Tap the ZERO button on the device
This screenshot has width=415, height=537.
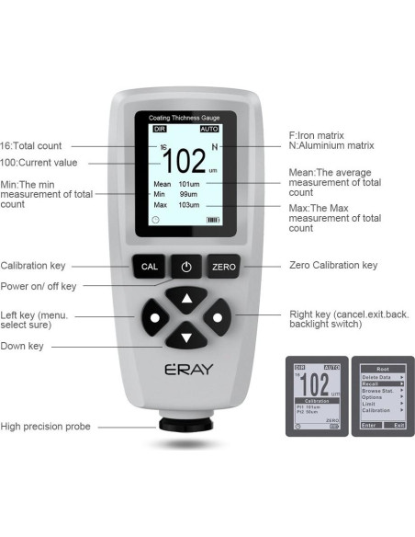pyautogui.click(x=223, y=267)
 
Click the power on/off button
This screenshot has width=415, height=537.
pyautogui.click(x=186, y=267)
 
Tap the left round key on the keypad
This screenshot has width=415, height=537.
pyautogui.click(x=154, y=318)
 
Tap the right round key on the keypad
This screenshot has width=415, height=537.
pyautogui.click(x=218, y=318)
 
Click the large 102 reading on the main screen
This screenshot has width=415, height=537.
pyautogui.click(x=185, y=162)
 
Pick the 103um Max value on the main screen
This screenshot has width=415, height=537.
pyautogui.click(x=189, y=205)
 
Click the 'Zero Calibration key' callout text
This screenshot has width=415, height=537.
pyautogui.click(x=332, y=266)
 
